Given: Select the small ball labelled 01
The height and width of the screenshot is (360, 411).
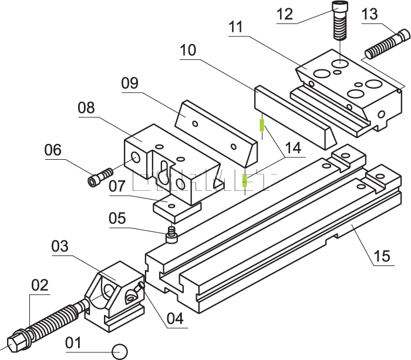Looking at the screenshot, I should click(120, 351).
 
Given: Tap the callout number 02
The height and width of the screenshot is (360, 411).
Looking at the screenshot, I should click(39, 286).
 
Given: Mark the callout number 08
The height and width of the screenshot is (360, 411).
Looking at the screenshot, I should click(86, 108).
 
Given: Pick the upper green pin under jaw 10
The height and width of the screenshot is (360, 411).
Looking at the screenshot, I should click(261, 126).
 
